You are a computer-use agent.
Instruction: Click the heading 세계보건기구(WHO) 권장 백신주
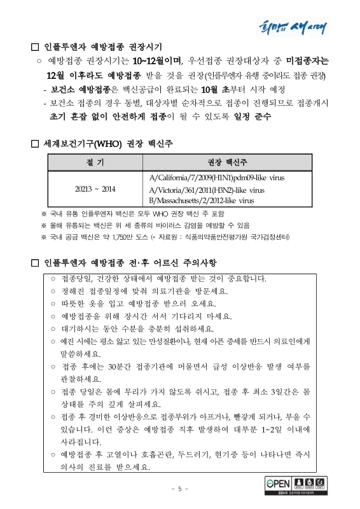[107, 144]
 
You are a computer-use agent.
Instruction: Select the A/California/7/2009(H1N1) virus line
[216, 178]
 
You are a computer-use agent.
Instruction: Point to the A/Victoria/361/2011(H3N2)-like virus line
[206, 190]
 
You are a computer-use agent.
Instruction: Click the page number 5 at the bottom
[179, 489]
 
